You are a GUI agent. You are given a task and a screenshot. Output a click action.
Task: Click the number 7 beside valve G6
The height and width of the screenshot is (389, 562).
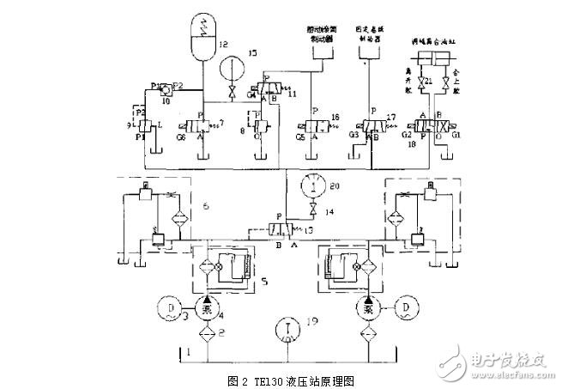(222, 125)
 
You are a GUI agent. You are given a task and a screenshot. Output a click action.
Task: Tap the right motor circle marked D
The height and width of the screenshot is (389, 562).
(409, 307)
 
